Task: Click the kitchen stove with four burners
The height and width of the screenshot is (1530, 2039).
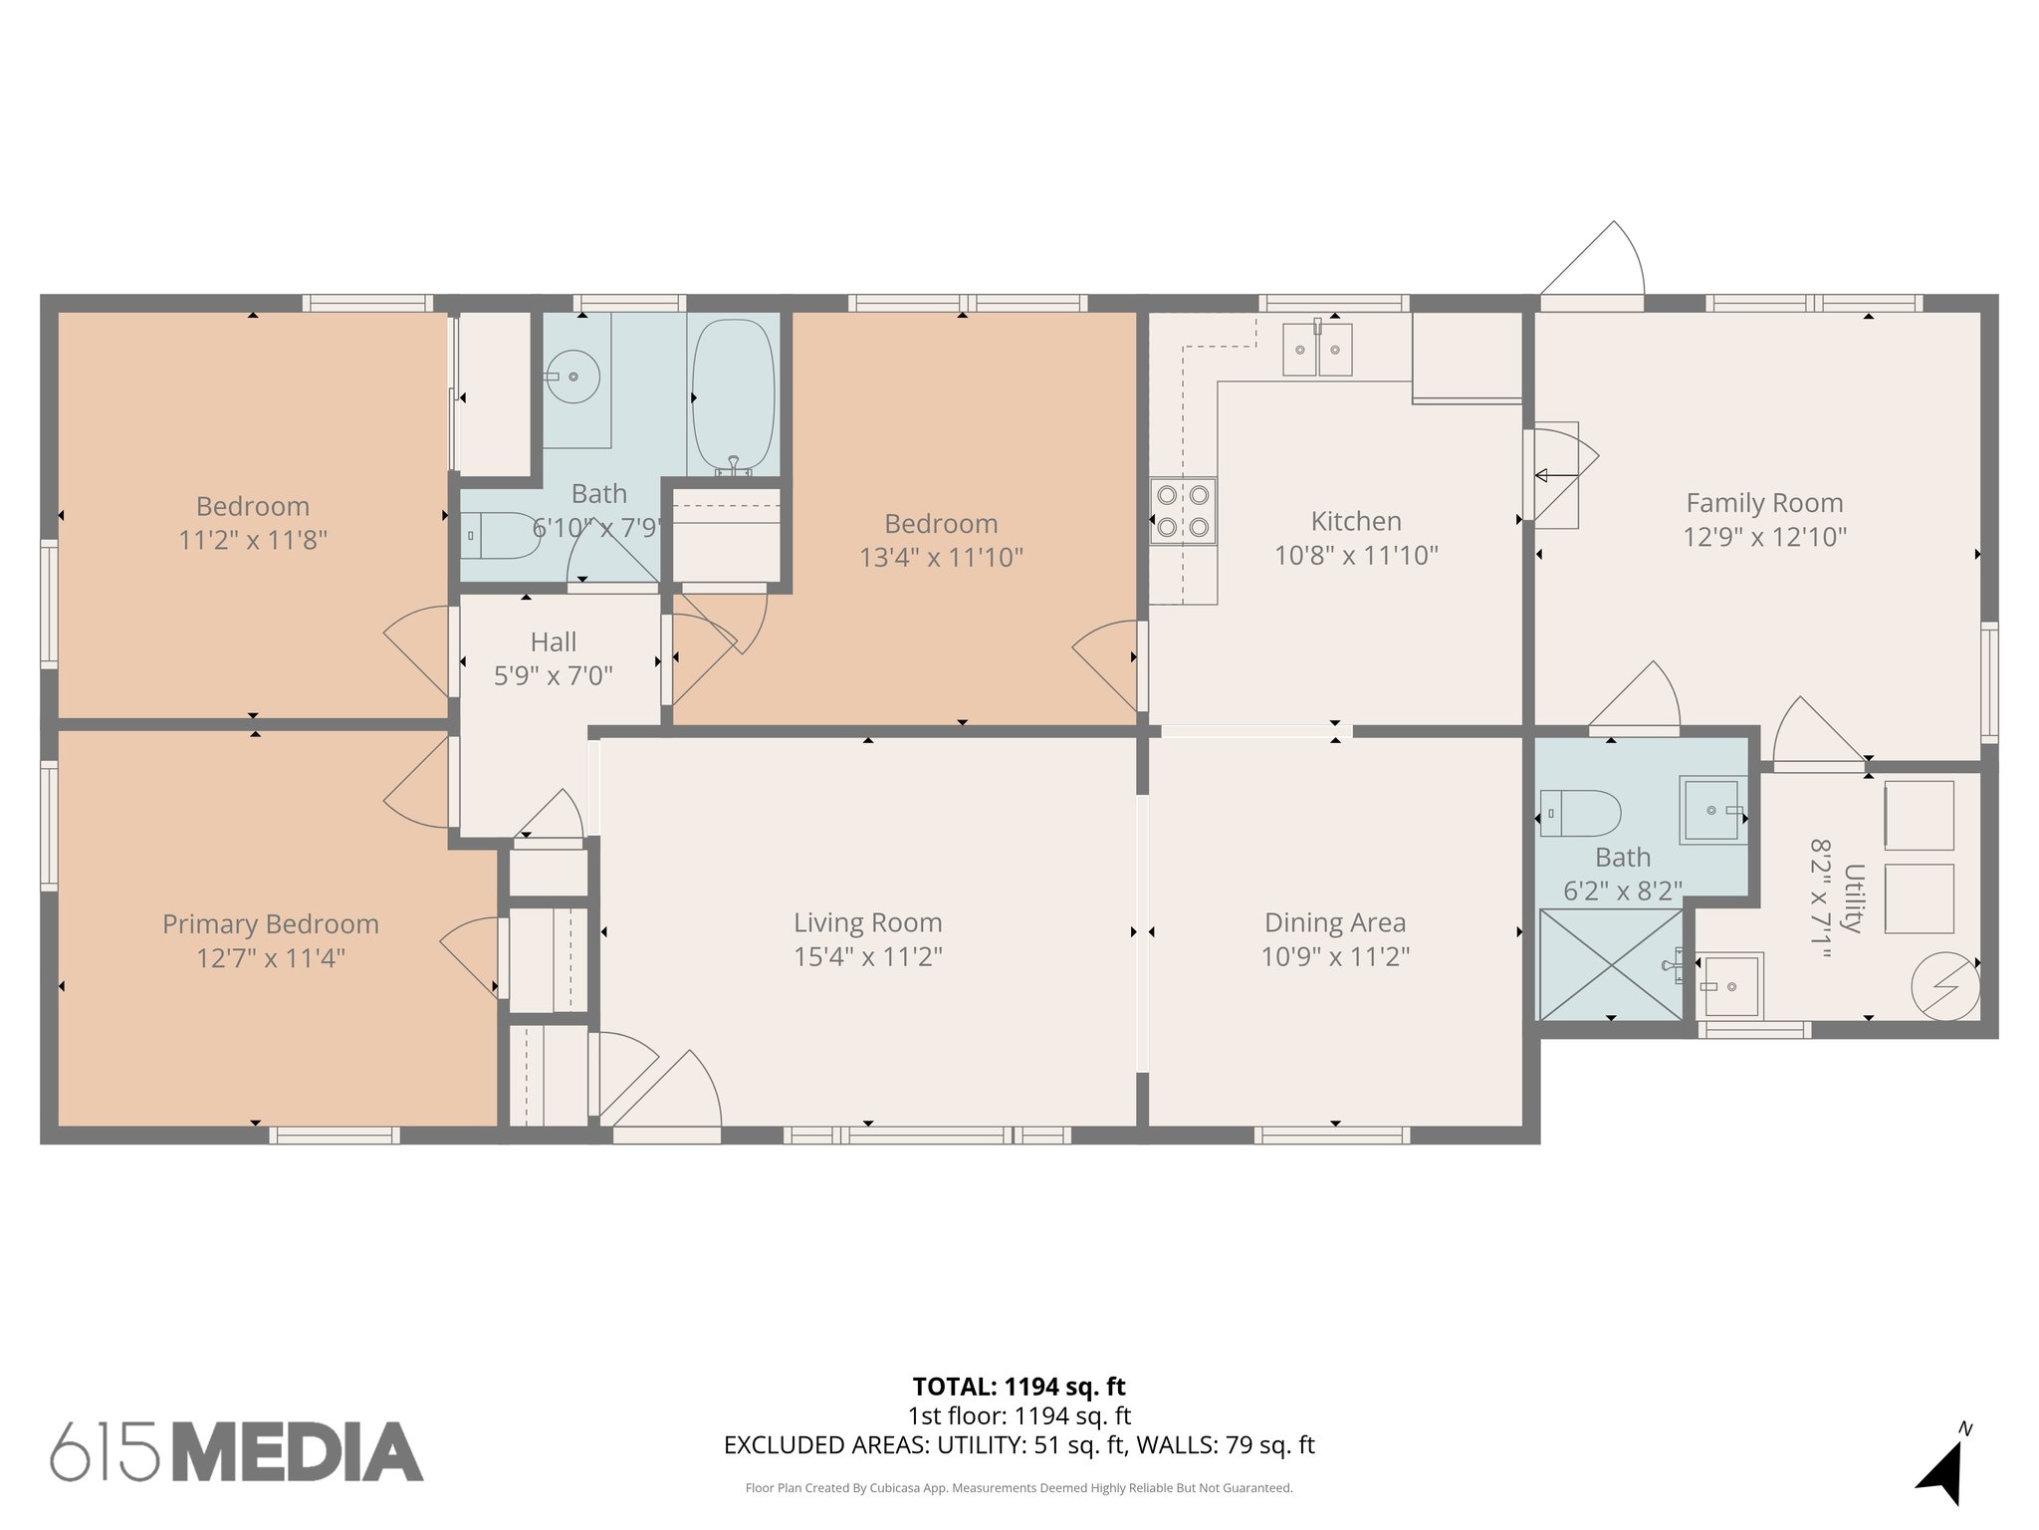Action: [x=1183, y=510]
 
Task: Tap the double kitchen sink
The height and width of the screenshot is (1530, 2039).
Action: [x=1316, y=350]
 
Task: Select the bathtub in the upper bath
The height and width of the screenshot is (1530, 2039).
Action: [x=733, y=395]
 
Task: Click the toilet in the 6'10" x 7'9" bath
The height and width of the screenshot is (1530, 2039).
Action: [x=500, y=536]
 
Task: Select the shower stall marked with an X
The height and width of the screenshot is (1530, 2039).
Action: [x=1611, y=964]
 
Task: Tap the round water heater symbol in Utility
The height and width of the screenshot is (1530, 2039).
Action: [x=1944, y=986]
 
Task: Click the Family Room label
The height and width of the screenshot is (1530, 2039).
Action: [x=1764, y=503]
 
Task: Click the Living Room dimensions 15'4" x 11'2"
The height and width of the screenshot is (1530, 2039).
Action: [x=867, y=956]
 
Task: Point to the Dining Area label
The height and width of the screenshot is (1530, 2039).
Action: [x=1334, y=923]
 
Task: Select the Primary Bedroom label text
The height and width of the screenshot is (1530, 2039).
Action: [x=271, y=924]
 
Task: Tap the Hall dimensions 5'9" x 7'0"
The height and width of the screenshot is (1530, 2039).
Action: [x=553, y=676]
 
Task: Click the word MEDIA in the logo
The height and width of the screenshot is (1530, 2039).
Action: [x=298, y=1452]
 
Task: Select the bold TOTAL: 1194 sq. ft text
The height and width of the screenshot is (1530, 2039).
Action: [x=1019, y=1386]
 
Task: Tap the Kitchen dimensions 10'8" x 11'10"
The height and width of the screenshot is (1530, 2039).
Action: [x=1356, y=555]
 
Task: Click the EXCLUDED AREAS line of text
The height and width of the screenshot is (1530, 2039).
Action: [x=1019, y=1444]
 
